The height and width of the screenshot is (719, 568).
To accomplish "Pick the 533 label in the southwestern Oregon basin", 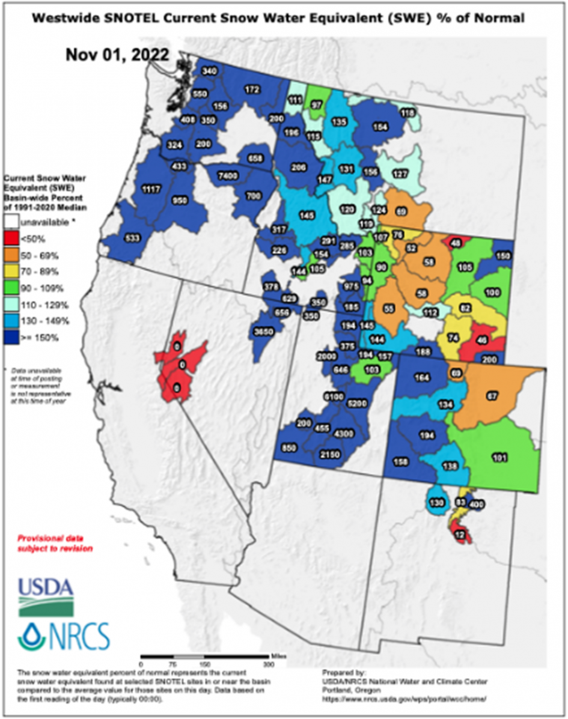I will [x=132, y=238].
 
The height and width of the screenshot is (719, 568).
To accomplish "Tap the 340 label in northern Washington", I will [x=209, y=71].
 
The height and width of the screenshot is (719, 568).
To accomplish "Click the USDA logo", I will [x=46, y=596].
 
